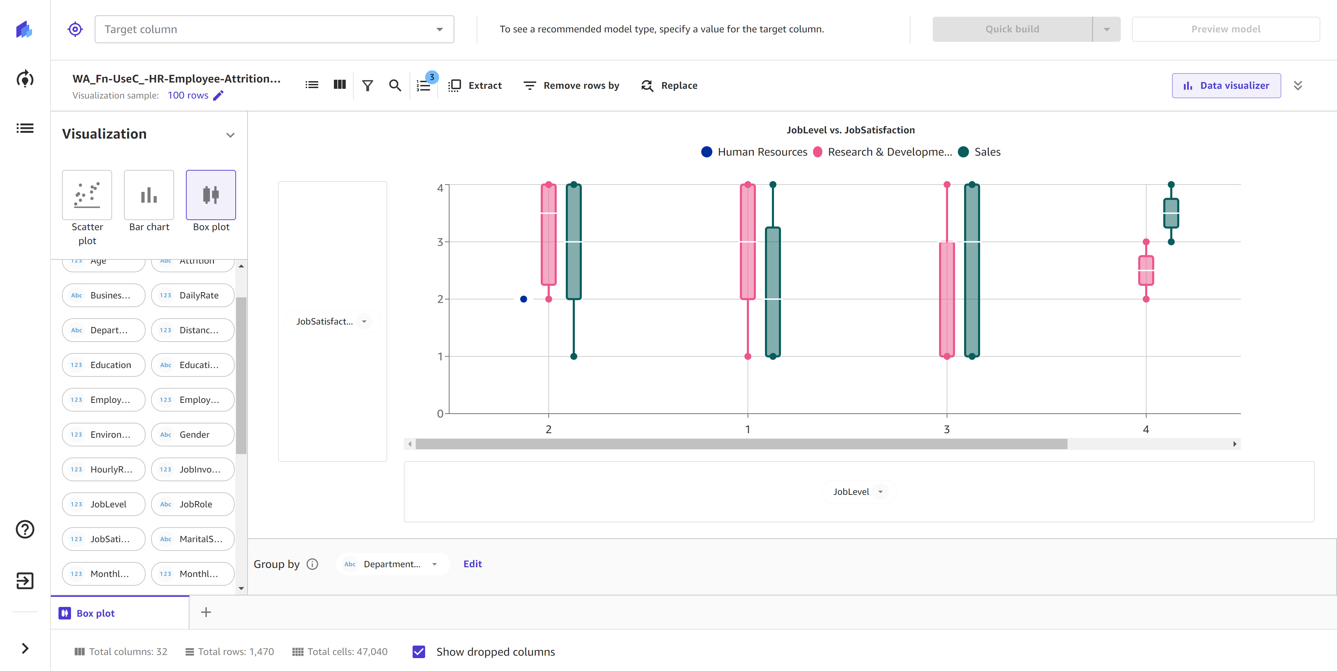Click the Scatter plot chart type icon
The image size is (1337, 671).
pyautogui.click(x=87, y=195)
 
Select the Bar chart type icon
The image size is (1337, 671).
pyautogui.click(x=149, y=195)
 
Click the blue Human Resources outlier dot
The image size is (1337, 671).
pyautogui.click(x=523, y=299)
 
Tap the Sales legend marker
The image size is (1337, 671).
pyautogui.click(x=963, y=152)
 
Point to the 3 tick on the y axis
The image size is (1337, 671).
pyautogui.click(x=440, y=242)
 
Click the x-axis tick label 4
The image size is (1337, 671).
pyautogui.click(x=1146, y=429)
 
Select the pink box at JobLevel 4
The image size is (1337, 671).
pyautogui.click(x=1146, y=270)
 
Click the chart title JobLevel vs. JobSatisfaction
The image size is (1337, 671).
pyautogui.click(x=850, y=130)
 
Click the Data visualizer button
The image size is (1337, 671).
pyautogui.click(x=1226, y=86)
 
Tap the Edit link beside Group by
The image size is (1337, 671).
pyautogui.click(x=472, y=564)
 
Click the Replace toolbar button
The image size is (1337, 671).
pyautogui.click(x=670, y=86)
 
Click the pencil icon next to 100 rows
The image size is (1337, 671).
pyautogui.click(x=219, y=95)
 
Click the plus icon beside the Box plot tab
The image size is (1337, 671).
pyautogui.click(x=206, y=613)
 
